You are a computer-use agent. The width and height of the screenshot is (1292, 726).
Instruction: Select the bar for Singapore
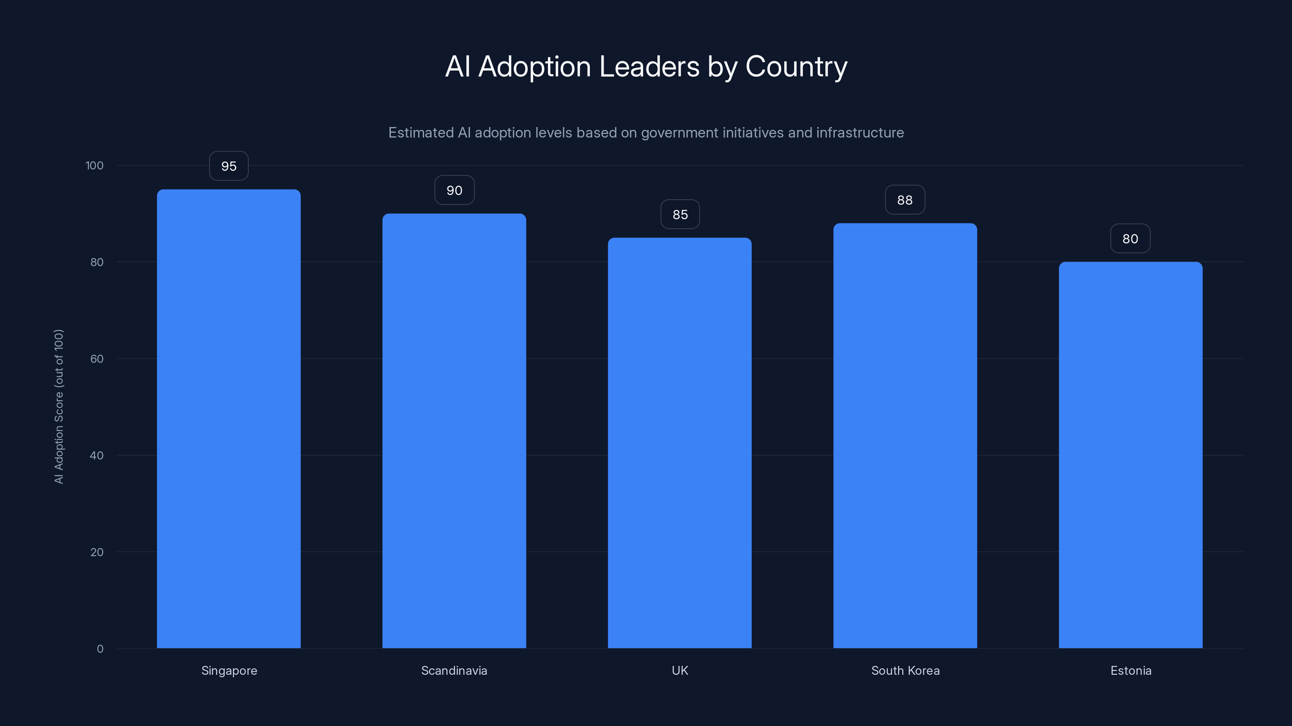[x=229, y=418]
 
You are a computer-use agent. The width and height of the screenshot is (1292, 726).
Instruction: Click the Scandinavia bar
[x=454, y=431]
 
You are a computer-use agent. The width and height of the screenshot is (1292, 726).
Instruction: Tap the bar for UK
[x=680, y=443]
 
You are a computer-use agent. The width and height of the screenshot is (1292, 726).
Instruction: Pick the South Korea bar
[x=905, y=436]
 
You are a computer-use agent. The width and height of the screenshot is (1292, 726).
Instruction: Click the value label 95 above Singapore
[x=229, y=166]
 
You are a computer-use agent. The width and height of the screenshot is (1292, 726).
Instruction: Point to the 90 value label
[x=454, y=190]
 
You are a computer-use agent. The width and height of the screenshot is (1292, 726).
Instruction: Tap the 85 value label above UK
[x=680, y=215]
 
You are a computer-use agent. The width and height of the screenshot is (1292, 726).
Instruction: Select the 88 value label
[x=905, y=200]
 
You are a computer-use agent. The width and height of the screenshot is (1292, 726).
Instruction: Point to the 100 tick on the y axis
[x=94, y=165]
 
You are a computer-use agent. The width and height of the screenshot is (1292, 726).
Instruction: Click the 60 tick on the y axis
[x=97, y=359]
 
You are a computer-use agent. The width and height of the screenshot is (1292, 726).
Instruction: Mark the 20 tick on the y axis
[x=97, y=552]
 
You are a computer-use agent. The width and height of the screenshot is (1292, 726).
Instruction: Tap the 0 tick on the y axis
[x=100, y=649]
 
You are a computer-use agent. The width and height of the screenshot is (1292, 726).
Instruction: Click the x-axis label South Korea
[x=905, y=670]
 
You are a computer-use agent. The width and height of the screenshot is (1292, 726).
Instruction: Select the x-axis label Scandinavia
[x=454, y=670]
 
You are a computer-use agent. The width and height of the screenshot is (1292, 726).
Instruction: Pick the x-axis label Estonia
[x=1130, y=670]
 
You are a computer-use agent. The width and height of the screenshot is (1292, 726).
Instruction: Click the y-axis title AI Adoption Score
[x=59, y=406]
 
